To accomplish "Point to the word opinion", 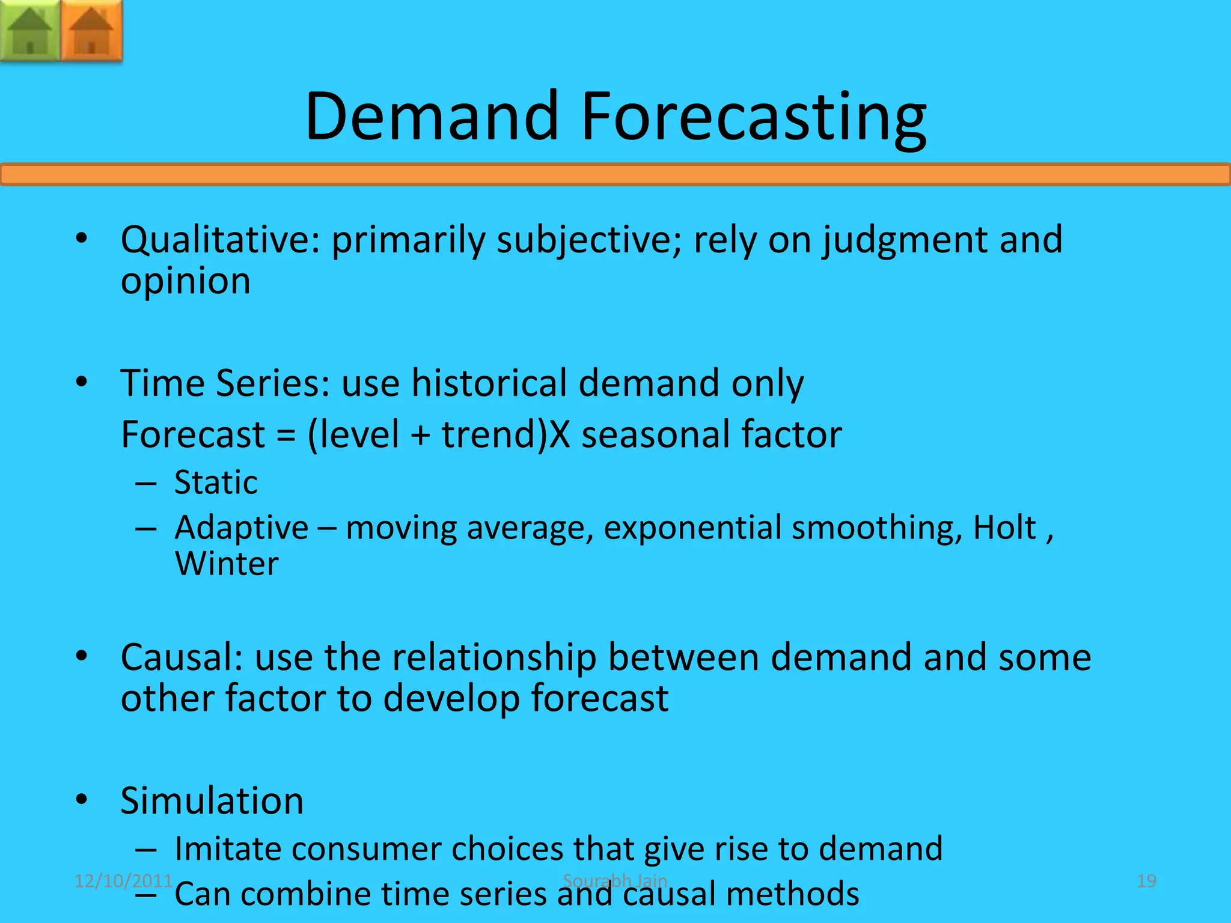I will click(x=185, y=281).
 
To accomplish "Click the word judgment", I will click(x=905, y=240).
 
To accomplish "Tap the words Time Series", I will click(x=225, y=383).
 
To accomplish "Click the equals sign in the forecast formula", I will click(x=286, y=435).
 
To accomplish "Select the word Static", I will click(x=216, y=483).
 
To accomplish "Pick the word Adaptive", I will click(x=241, y=528).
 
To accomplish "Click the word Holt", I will click(x=1004, y=528).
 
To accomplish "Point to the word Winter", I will click(x=227, y=564).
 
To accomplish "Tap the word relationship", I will click(x=494, y=657).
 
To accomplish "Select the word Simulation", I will click(x=212, y=801).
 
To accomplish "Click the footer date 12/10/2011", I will click(x=123, y=881).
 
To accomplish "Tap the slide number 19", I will click(x=1146, y=881).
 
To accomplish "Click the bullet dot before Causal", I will click(x=82, y=656).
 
